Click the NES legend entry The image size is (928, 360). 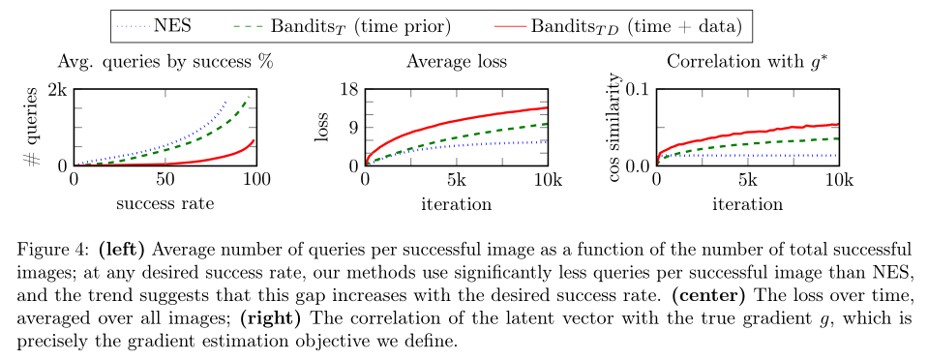155,26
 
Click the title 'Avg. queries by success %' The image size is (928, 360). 165,63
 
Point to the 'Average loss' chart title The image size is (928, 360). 457,62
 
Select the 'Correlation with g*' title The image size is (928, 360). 747,62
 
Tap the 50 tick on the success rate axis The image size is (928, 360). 165,179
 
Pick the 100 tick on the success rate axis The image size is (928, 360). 256,179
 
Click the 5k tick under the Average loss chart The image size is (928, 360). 457,179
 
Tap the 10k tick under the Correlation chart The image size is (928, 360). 839,179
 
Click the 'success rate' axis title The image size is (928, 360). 165,204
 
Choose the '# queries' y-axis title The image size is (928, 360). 33,127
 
